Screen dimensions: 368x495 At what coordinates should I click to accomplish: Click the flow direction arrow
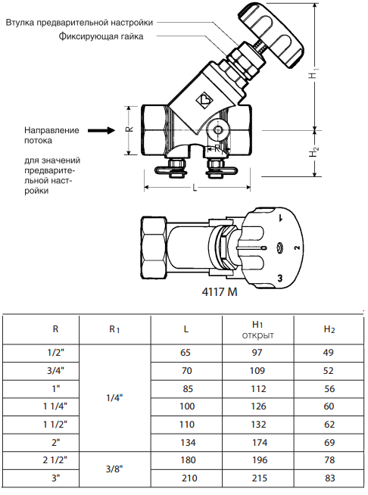point(101,130)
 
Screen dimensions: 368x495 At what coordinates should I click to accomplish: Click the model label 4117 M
point(220,292)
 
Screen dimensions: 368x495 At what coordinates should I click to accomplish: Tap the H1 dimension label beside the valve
point(313,73)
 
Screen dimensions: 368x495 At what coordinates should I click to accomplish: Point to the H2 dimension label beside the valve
point(313,153)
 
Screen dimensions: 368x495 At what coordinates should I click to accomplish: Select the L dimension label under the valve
point(195,188)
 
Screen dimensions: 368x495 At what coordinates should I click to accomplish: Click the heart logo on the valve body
point(204,99)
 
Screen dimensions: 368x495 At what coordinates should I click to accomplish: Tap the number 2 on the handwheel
point(297,247)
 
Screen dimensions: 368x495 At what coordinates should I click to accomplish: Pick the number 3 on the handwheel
point(280,278)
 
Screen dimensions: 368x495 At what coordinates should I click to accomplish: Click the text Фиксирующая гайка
point(101,36)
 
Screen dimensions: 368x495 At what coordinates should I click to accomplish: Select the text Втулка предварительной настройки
point(80,23)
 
